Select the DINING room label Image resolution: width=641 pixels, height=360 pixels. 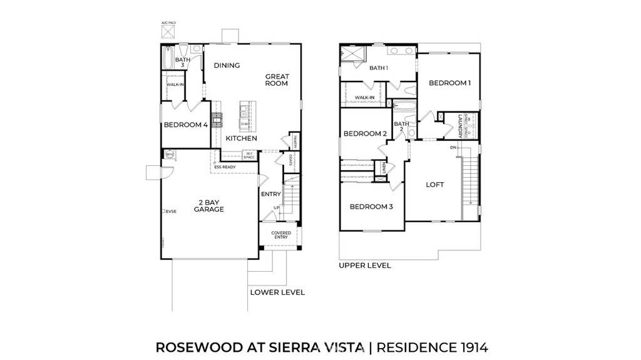[x=227, y=66]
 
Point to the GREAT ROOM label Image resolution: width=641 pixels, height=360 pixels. [x=277, y=80]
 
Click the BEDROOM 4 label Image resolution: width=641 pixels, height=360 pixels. [x=185, y=125]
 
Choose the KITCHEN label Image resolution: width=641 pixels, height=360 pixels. [x=241, y=138]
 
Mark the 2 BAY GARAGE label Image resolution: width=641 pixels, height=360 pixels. [x=209, y=206]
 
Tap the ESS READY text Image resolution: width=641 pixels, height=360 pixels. [x=225, y=167]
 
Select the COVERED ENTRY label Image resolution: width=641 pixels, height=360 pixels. [x=281, y=235]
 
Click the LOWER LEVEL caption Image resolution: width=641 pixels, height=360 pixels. [x=277, y=292]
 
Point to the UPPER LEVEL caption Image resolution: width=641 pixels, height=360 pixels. [x=365, y=265]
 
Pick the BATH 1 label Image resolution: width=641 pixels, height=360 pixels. [x=379, y=68]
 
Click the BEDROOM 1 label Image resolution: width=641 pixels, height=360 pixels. [x=449, y=83]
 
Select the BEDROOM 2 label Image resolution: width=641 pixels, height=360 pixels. [x=365, y=133]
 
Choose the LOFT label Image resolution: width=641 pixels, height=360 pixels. [x=435, y=185]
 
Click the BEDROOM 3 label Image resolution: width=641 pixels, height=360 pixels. [x=371, y=207]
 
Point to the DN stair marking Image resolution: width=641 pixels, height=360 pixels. [x=453, y=148]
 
